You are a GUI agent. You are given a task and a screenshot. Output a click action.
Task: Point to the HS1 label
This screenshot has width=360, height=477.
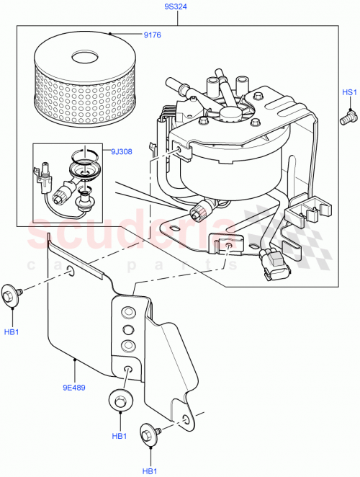pyautogui.click(x=348, y=93)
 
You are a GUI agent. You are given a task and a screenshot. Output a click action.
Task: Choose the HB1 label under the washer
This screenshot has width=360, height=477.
pyautogui.click(x=120, y=437)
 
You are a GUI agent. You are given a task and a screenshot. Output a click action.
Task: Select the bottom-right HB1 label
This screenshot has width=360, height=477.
pyautogui.click(x=150, y=471)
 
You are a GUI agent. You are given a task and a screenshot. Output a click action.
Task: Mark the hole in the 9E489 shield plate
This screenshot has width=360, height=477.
pyautogui.click(x=70, y=271)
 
